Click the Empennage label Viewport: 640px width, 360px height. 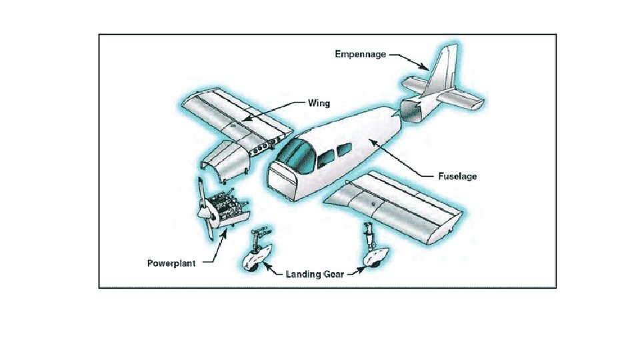click(359, 55)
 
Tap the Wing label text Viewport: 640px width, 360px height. click(318, 103)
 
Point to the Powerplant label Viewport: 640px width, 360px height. click(171, 263)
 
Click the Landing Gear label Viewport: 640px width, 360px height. click(315, 274)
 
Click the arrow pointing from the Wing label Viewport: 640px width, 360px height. click(273, 111)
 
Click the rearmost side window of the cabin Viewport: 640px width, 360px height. click(343, 151)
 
